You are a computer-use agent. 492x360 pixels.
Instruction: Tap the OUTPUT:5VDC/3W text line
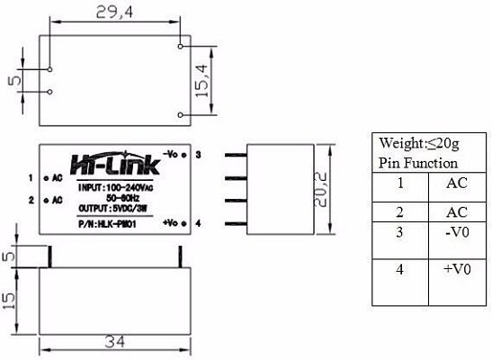(x=115, y=208)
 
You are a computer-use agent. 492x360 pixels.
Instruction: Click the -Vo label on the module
(x=174, y=154)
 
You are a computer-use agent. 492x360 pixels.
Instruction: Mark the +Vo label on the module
(x=174, y=221)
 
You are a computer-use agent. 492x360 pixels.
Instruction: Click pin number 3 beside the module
(x=197, y=155)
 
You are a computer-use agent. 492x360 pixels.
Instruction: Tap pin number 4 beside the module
(x=197, y=222)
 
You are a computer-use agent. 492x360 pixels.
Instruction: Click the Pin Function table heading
(x=418, y=164)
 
